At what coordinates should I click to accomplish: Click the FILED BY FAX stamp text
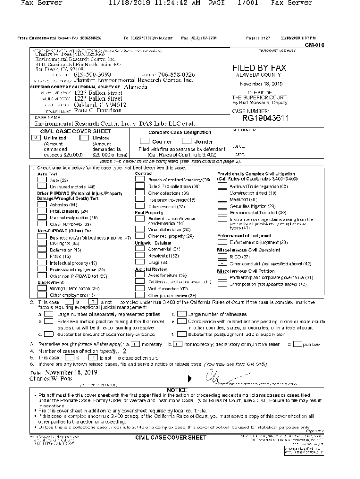coord(259,68)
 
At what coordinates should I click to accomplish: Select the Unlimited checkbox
coord(35,138)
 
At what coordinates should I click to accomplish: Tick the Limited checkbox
coord(84,138)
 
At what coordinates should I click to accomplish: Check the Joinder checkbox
coord(187,141)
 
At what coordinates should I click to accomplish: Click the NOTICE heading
coord(177,389)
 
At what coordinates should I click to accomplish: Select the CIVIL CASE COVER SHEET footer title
coord(171,438)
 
